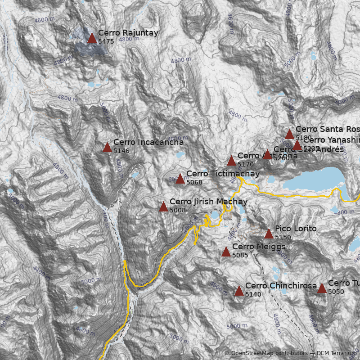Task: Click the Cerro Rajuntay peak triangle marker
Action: [92, 38]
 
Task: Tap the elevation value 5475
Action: [106, 41]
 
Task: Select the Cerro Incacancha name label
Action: [148, 142]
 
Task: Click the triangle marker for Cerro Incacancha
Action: [107, 148]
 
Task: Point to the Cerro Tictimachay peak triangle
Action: [180, 179]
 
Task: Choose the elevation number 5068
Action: [194, 182]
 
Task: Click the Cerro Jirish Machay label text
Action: [208, 202]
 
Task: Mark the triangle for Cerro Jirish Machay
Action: [163, 207]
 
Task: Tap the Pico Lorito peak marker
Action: [269, 234]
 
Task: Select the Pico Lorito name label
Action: [296, 229]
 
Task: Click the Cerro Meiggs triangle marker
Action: [226, 252]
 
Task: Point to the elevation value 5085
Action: [240, 255]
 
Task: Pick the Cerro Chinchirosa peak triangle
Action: [239, 291]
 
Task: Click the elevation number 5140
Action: [253, 294]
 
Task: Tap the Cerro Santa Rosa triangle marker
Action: [289, 135]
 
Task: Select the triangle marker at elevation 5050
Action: [322, 288]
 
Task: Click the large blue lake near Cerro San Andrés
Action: [315, 180]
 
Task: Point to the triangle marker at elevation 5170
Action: [231, 161]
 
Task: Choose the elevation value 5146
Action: [121, 151]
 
